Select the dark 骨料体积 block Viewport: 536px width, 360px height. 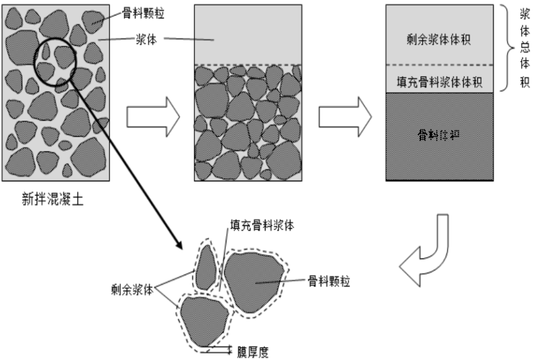click(x=439, y=136)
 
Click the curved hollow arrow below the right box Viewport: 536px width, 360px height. click(x=427, y=254)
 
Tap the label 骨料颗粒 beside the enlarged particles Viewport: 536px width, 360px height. click(x=329, y=281)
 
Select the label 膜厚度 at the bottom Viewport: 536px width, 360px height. click(x=254, y=352)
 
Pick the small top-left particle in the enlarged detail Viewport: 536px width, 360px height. click(x=207, y=267)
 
